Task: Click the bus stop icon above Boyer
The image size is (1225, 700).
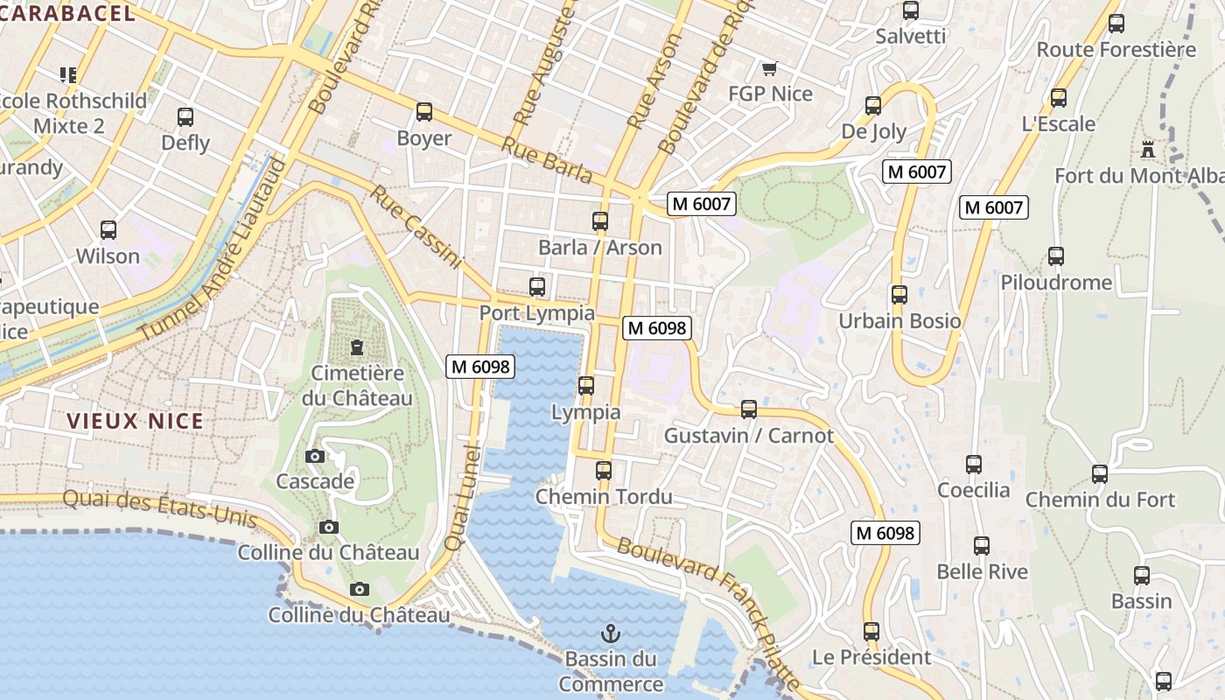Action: (x=424, y=112)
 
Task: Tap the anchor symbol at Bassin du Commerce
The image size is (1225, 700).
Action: (x=610, y=633)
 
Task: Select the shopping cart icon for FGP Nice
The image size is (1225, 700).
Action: (x=769, y=68)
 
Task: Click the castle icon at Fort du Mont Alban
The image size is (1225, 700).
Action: (x=1148, y=150)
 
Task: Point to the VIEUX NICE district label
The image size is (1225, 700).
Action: (x=136, y=421)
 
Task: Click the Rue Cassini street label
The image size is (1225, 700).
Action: (x=415, y=227)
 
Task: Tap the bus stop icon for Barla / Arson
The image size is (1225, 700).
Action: (x=599, y=221)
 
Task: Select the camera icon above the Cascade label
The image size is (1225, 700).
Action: (x=315, y=456)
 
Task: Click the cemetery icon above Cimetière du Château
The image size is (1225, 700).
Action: (x=356, y=347)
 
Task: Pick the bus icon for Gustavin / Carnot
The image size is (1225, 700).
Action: (x=748, y=409)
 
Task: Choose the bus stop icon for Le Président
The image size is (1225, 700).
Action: (x=871, y=631)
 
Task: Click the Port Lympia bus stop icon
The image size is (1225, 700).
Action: (x=537, y=287)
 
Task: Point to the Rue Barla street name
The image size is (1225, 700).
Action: (x=547, y=160)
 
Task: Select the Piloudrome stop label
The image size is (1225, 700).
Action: (x=1056, y=283)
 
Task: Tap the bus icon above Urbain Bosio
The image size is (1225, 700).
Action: (x=899, y=295)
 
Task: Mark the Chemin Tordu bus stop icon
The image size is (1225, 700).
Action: (x=603, y=471)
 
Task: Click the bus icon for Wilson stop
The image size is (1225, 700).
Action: (x=108, y=230)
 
